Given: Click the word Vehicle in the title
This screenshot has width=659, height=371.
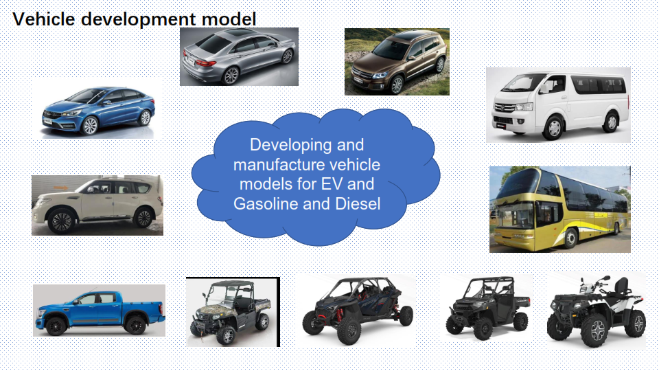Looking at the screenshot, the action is pos(44,19).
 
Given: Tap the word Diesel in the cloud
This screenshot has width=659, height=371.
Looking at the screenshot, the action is pos(358,203).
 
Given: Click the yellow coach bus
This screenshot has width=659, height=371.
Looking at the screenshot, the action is pos(561,208).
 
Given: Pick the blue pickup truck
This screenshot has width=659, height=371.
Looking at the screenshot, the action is pos(100,312).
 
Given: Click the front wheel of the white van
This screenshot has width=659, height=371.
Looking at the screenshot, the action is pos(553,128).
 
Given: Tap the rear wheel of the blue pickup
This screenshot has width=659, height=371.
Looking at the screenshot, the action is pos(136,325).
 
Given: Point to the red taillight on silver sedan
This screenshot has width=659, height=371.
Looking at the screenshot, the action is pos(206,63).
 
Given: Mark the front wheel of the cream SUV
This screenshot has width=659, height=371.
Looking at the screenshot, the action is pos(62,222).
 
